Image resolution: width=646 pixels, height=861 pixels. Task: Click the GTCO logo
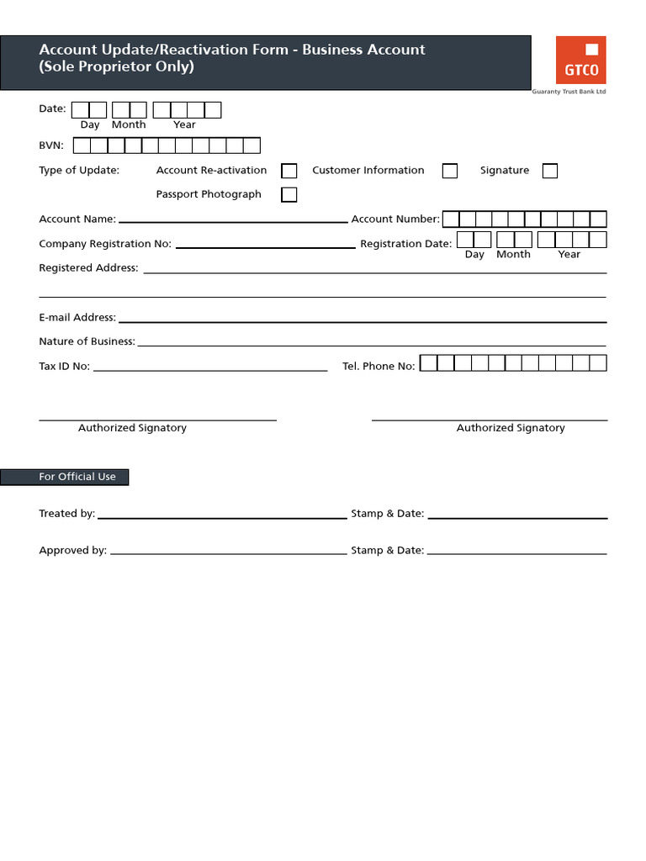(x=580, y=60)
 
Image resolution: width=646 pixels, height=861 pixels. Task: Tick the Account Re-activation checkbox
(x=289, y=171)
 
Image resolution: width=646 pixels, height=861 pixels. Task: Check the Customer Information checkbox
(x=450, y=171)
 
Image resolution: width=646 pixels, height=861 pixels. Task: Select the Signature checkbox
(x=550, y=171)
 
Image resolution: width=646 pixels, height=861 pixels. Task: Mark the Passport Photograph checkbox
(x=289, y=195)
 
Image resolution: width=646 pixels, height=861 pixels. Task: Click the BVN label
(x=51, y=145)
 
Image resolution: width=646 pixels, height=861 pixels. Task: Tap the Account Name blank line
(x=233, y=220)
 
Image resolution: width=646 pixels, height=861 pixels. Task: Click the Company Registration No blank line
(x=265, y=246)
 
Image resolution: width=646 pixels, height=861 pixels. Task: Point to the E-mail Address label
(x=77, y=318)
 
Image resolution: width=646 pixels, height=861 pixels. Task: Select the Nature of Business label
(x=87, y=341)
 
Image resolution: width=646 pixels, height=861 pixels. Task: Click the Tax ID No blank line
(x=210, y=368)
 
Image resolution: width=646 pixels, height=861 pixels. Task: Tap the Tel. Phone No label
(x=379, y=367)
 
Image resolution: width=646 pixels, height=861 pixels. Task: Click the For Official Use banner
(x=65, y=477)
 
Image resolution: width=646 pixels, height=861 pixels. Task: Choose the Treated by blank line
(x=222, y=516)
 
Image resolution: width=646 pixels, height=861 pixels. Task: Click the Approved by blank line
(x=228, y=553)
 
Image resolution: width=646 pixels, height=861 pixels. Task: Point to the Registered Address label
(x=88, y=268)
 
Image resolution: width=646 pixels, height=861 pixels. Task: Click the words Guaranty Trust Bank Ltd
(x=569, y=92)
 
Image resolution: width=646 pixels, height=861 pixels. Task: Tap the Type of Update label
(x=79, y=171)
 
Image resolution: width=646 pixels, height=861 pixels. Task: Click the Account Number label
(x=395, y=219)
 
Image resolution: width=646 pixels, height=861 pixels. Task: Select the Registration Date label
(x=405, y=244)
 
